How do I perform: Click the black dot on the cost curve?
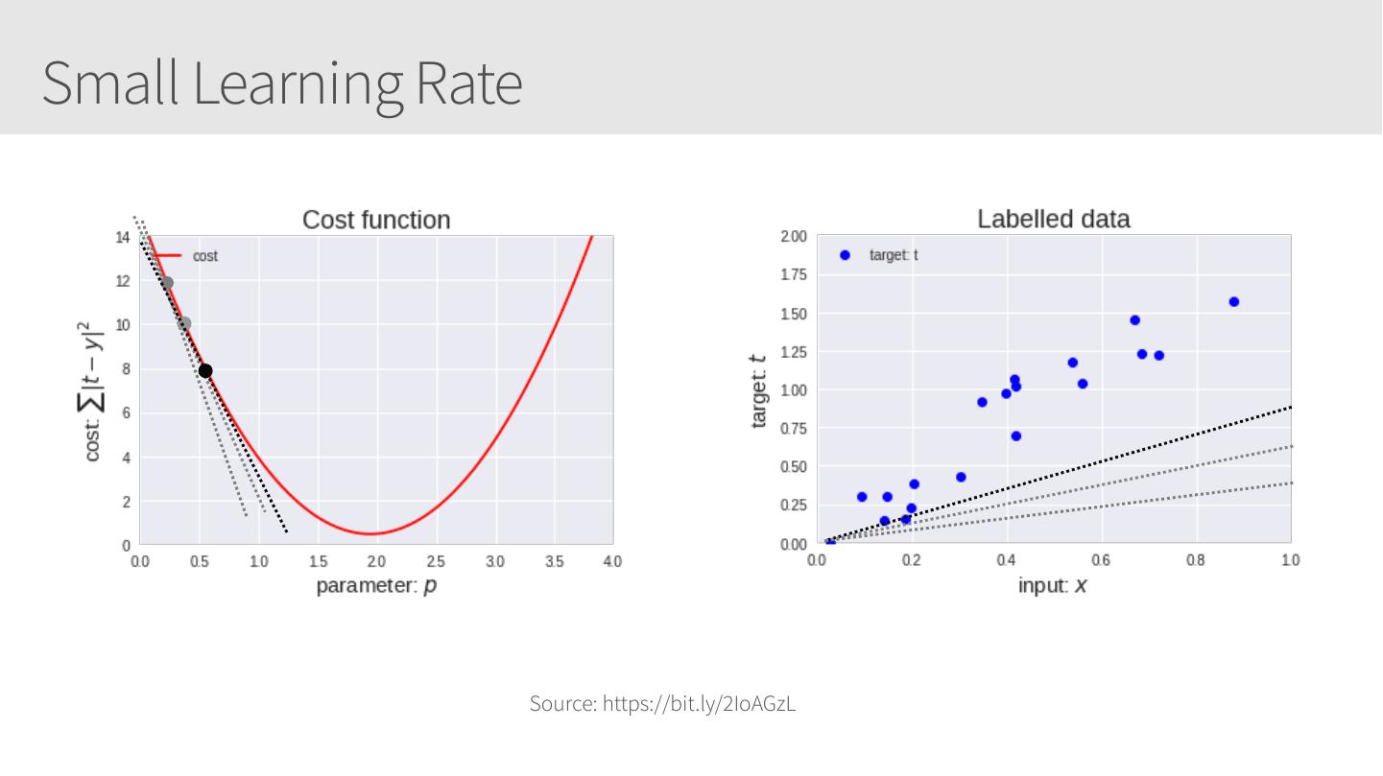pyautogui.click(x=205, y=370)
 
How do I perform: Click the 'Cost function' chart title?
pyautogui.click(x=376, y=220)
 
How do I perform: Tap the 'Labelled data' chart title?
pyautogui.click(x=1053, y=219)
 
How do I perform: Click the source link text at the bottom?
pyautogui.click(x=662, y=704)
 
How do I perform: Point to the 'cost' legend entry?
pyautogui.click(x=204, y=256)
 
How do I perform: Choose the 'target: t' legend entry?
pyautogui.click(x=893, y=255)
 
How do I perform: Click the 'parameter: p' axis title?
pyautogui.click(x=376, y=585)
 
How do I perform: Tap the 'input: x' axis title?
pyautogui.click(x=1053, y=585)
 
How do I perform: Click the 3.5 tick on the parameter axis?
pyautogui.click(x=555, y=561)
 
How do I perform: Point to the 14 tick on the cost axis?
pyautogui.click(x=123, y=237)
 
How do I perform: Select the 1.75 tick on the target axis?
pyautogui.click(x=793, y=275)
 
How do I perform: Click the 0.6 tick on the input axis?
pyautogui.click(x=1101, y=560)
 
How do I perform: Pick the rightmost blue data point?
pyautogui.click(x=1233, y=302)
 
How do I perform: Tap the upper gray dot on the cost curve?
pyautogui.click(x=167, y=283)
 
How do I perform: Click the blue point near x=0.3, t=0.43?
pyautogui.click(x=961, y=477)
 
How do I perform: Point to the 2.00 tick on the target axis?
pyautogui.click(x=793, y=237)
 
